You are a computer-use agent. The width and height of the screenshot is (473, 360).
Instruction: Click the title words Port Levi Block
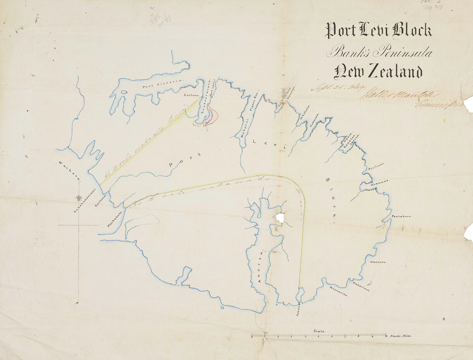coord(378,31)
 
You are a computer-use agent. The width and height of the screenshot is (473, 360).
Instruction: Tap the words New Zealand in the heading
coord(378,72)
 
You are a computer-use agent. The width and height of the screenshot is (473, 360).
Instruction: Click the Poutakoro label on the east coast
coord(402,216)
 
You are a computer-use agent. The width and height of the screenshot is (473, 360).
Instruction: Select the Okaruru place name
coord(378,262)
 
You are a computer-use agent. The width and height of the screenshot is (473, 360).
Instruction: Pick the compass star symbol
coord(79,198)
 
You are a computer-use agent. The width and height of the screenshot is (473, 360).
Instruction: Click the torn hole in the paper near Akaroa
coord(280,218)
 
